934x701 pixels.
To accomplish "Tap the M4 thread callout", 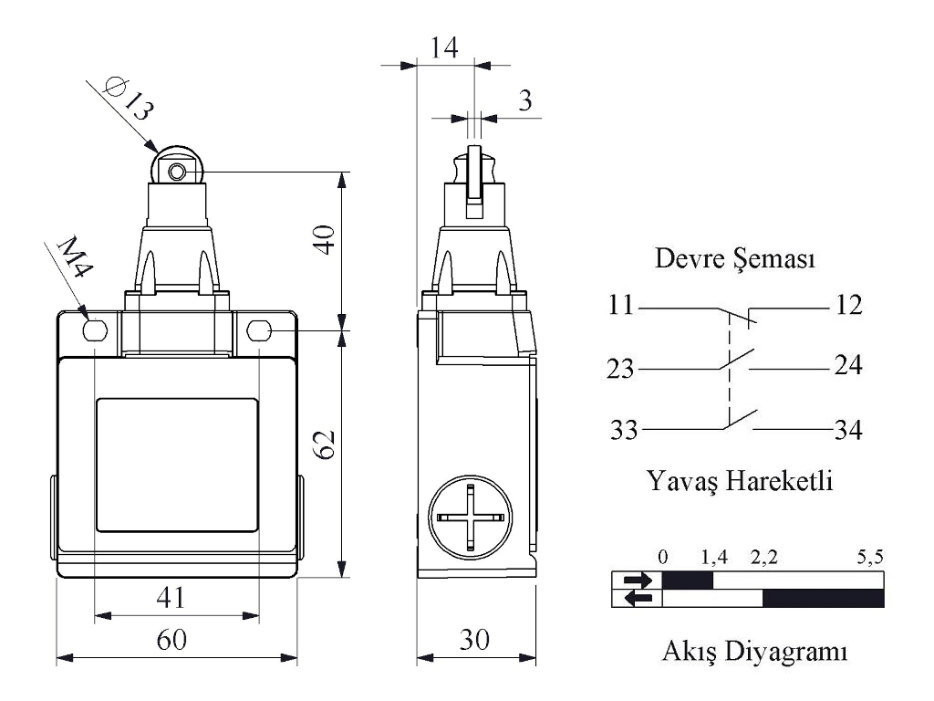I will (72, 262).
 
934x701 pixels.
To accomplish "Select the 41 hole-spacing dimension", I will (171, 598).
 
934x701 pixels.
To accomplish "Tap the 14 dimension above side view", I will (444, 47).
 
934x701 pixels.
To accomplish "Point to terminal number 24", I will (847, 367).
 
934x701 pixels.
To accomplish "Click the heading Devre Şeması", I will (735, 260).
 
